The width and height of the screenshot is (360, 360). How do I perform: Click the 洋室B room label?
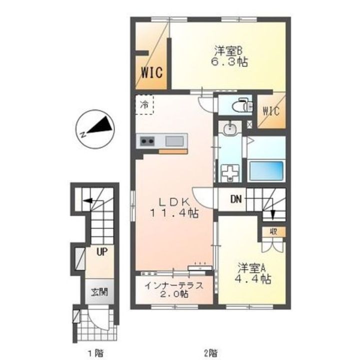[228, 51]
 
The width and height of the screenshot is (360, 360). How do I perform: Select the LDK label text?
[174, 202]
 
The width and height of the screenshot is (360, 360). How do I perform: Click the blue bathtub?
[266, 170]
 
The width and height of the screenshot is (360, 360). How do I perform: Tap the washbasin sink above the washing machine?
[229, 129]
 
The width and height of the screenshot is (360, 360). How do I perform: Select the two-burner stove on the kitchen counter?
[147, 141]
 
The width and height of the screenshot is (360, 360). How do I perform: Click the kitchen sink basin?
[174, 141]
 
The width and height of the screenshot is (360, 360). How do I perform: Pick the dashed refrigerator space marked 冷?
[144, 104]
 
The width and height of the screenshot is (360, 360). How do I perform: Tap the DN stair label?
[236, 199]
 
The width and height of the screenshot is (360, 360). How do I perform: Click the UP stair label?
[102, 252]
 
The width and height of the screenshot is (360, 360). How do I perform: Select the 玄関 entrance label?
[99, 292]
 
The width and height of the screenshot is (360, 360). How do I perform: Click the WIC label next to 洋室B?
[152, 72]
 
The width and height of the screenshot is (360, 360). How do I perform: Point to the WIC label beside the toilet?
[271, 111]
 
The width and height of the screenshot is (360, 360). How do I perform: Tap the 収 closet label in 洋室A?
[273, 232]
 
